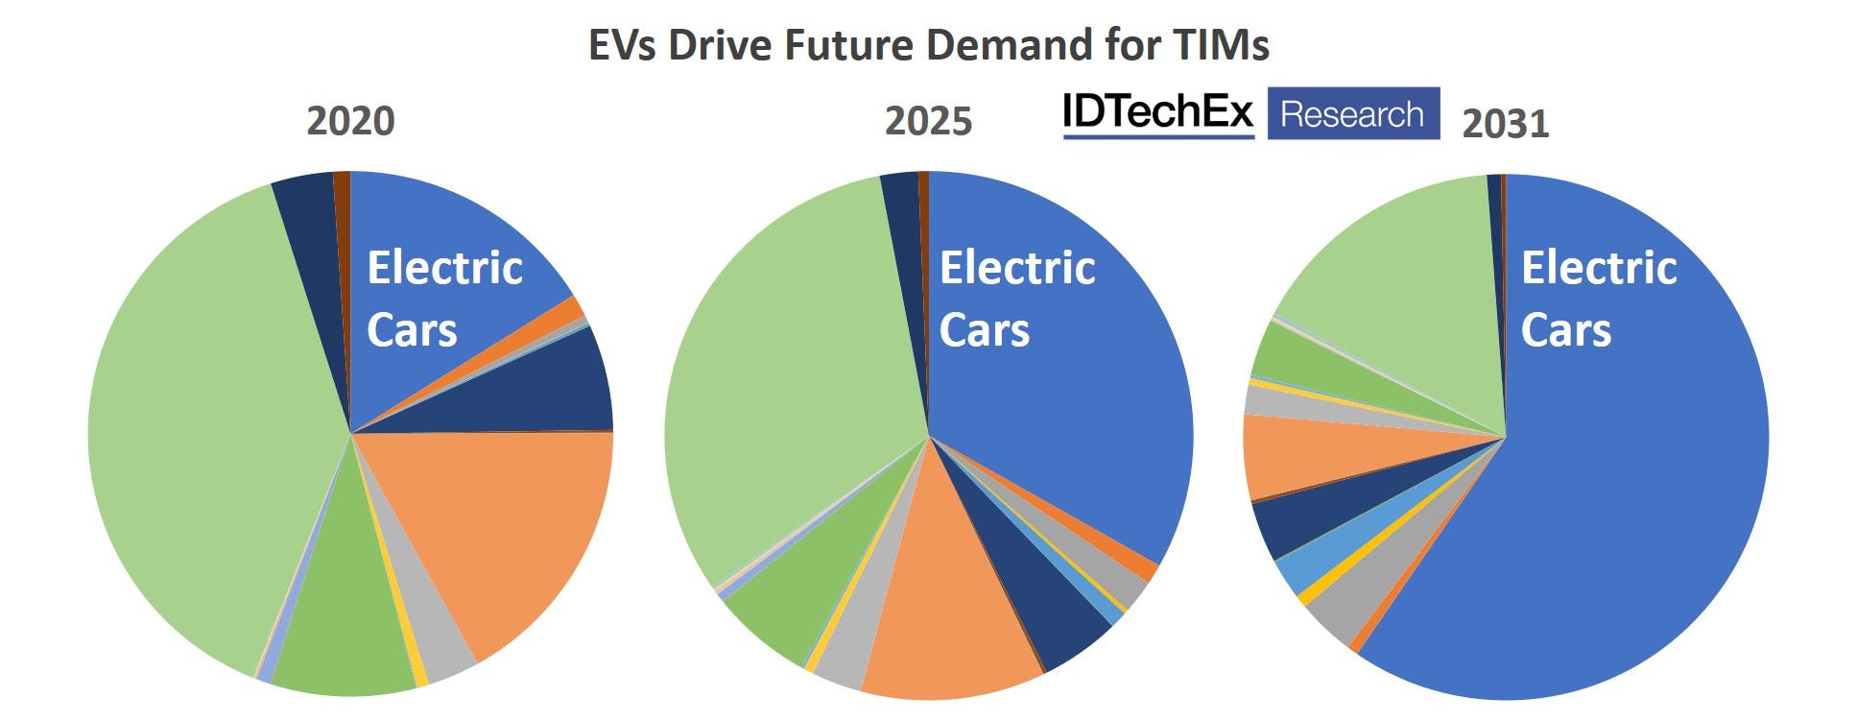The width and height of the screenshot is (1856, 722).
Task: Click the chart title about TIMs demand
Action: click(x=928, y=45)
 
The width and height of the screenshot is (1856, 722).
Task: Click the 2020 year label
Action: click(x=350, y=122)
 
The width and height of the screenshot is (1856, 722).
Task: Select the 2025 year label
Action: click(x=928, y=122)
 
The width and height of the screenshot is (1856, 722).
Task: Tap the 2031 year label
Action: click(x=1505, y=124)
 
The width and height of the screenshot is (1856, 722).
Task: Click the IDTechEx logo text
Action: click(x=1157, y=113)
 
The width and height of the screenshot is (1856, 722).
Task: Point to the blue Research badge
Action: click(x=1352, y=113)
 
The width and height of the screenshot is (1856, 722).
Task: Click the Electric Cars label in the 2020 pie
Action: click(x=444, y=298)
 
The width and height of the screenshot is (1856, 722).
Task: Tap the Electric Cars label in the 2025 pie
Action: click(x=1016, y=298)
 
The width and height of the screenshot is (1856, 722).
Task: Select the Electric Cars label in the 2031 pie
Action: click(x=1598, y=298)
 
